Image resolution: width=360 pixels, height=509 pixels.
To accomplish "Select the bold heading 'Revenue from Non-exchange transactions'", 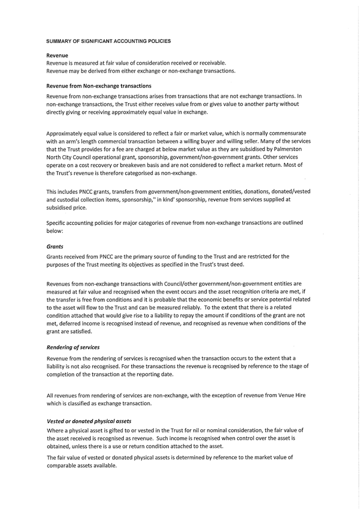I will click(x=99, y=86).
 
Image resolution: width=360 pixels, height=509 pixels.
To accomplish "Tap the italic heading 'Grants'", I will click(x=55, y=246).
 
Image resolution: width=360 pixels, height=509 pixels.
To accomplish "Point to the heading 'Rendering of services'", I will click(x=73, y=347).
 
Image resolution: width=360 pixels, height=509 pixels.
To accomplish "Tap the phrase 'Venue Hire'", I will click(x=291, y=395).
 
